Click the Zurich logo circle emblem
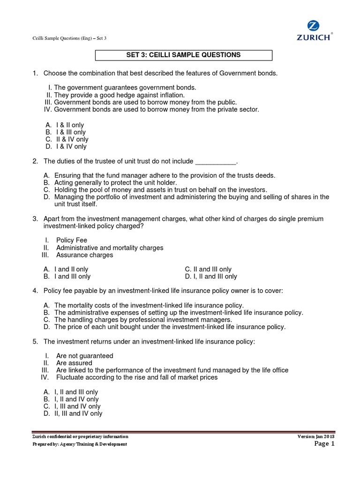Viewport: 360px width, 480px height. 313,25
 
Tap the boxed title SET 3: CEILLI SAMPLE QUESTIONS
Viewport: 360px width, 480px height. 184,55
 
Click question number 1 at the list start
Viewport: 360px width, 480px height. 35,73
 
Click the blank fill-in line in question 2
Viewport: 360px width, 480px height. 215,162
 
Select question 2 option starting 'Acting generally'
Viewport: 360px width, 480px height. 115,183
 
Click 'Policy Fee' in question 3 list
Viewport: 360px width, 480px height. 71,240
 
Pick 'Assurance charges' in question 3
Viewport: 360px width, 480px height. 84,255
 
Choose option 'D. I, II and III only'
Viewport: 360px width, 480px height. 211,277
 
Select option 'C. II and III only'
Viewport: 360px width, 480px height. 208,270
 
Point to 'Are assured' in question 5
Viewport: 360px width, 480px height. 74,363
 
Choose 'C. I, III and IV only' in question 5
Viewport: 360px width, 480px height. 77,406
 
